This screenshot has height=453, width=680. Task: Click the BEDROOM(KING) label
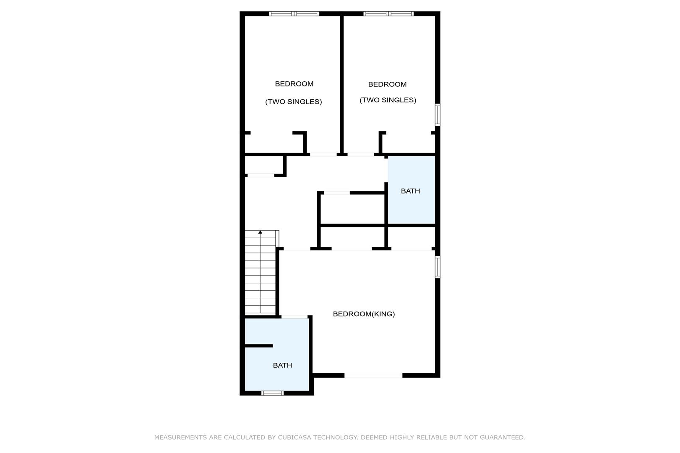pos(364,314)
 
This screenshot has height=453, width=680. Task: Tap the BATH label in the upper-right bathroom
pos(410,191)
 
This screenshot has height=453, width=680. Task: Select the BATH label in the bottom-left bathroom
pos(282,365)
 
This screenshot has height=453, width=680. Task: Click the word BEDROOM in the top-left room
pos(294,84)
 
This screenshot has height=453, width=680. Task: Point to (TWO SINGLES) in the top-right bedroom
pos(388,100)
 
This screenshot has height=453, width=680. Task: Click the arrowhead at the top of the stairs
pos(260,232)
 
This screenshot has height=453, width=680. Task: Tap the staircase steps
pos(261,272)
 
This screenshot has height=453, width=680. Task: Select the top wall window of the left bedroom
pos(294,14)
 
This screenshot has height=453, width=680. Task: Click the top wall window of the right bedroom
pos(388,14)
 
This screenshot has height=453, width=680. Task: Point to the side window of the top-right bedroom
pos(438,115)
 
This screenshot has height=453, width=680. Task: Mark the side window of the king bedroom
pos(438,267)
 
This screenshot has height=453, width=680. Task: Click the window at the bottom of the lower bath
pos(272,393)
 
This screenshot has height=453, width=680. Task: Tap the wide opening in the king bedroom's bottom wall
pos(373,375)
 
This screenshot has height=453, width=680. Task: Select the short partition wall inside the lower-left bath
pos(259,346)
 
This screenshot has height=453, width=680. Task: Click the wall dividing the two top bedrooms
pos(342,85)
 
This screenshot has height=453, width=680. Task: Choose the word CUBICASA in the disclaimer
pos(294,437)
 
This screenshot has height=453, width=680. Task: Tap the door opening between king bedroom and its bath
pos(294,317)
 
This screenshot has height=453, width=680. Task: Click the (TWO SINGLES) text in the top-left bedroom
pos(294,102)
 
